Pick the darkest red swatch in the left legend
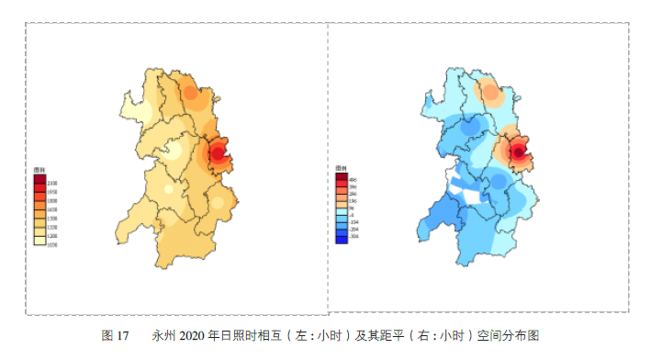tap(39, 179)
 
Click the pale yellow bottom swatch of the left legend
tap(39, 241)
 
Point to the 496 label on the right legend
tap(354, 180)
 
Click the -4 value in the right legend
tap(352, 215)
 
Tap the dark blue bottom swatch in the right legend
tap(342, 241)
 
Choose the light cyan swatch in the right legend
tap(342, 211)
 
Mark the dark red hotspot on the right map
tap(519, 152)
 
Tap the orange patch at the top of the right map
tap(490, 92)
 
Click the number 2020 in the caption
tap(196, 334)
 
